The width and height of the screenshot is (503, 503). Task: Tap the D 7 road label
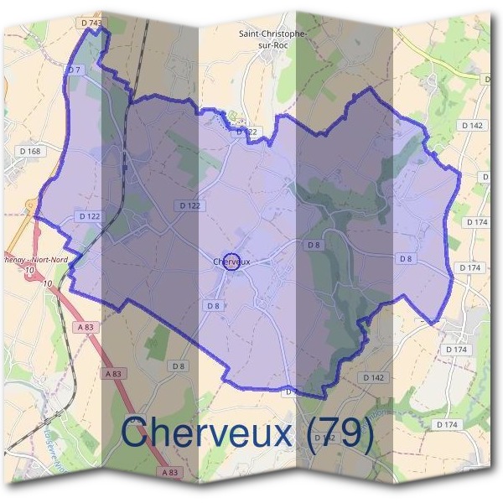click(x=73, y=69)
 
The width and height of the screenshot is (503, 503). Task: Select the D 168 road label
click(x=29, y=151)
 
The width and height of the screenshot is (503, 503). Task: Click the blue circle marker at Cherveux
click(x=233, y=262)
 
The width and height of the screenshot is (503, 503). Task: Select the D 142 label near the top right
click(x=472, y=125)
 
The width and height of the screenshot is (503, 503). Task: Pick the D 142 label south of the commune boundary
click(x=373, y=378)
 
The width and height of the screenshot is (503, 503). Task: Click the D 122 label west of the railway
click(x=89, y=215)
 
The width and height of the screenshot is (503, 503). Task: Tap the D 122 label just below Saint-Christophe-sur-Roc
click(x=245, y=132)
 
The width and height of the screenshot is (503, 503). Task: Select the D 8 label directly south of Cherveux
click(x=213, y=306)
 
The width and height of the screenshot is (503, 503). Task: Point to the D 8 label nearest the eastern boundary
click(x=406, y=259)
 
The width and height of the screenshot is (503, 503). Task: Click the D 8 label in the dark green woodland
click(x=314, y=245)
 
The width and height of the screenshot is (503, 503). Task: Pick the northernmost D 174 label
click(x=474, y=223)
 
